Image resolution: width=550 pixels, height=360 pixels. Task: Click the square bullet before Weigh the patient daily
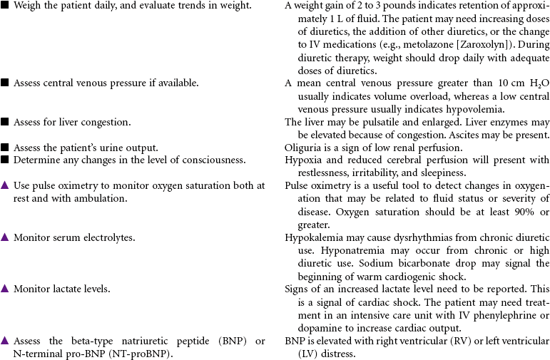coord(5,6)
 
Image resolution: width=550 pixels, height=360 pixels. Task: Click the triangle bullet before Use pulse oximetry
coord(5,185)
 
